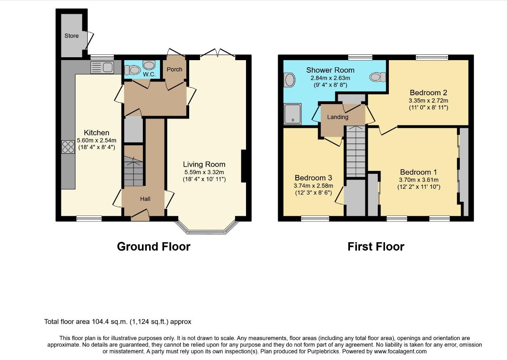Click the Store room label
(71, 36)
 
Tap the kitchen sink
(102, 67)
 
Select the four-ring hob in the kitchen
(68, 147)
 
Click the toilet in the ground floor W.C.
(131, 70)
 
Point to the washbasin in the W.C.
(149, 65)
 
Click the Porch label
(175, 69)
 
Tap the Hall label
(145, 199)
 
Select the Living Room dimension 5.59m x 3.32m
(204, 172)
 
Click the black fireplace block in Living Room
(243, 166)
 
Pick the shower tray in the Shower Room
(293, 114)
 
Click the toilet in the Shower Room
(377, 77)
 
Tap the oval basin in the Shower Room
(289, 80)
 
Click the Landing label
(338, 117)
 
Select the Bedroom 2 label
(428, 93)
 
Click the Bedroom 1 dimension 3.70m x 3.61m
(419, 180)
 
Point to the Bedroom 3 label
(314, 178)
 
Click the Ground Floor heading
(154, 247)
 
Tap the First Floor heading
(376, 247)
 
